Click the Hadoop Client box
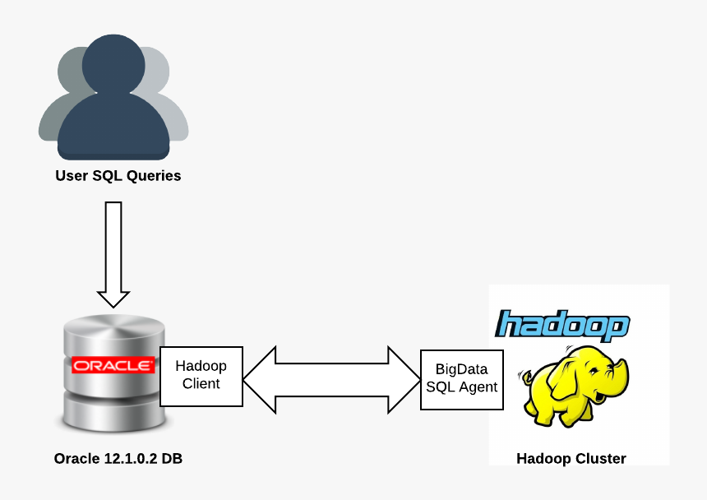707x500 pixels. coord(201,376)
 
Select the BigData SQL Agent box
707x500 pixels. coord(461,379)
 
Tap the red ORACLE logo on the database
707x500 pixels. coord(113,365)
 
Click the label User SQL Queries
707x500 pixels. coord(118,175)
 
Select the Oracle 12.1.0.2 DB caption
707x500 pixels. coord(118,458)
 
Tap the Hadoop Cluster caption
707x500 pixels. coord(571,458)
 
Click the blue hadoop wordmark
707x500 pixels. coord(563,324)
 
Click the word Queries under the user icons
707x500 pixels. coord(153,175)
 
